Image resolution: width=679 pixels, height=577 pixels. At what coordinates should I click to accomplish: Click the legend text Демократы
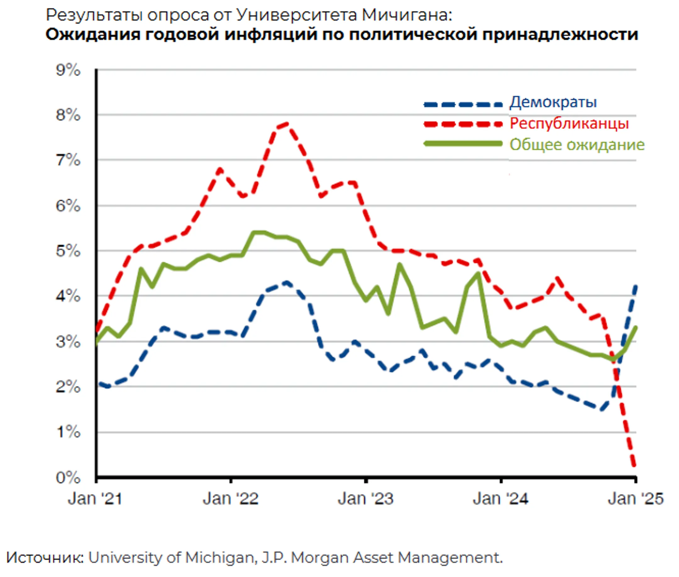(553, 102)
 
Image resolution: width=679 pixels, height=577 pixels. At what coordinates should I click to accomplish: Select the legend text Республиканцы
(569, 124)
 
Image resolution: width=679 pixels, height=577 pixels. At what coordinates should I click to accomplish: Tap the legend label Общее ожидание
(577, 145)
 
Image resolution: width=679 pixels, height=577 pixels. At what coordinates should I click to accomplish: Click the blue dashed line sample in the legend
(463, 105)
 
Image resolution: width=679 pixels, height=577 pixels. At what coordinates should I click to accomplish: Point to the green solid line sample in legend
(463, 144)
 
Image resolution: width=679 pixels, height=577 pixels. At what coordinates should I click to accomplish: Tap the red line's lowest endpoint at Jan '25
(634, 466)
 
